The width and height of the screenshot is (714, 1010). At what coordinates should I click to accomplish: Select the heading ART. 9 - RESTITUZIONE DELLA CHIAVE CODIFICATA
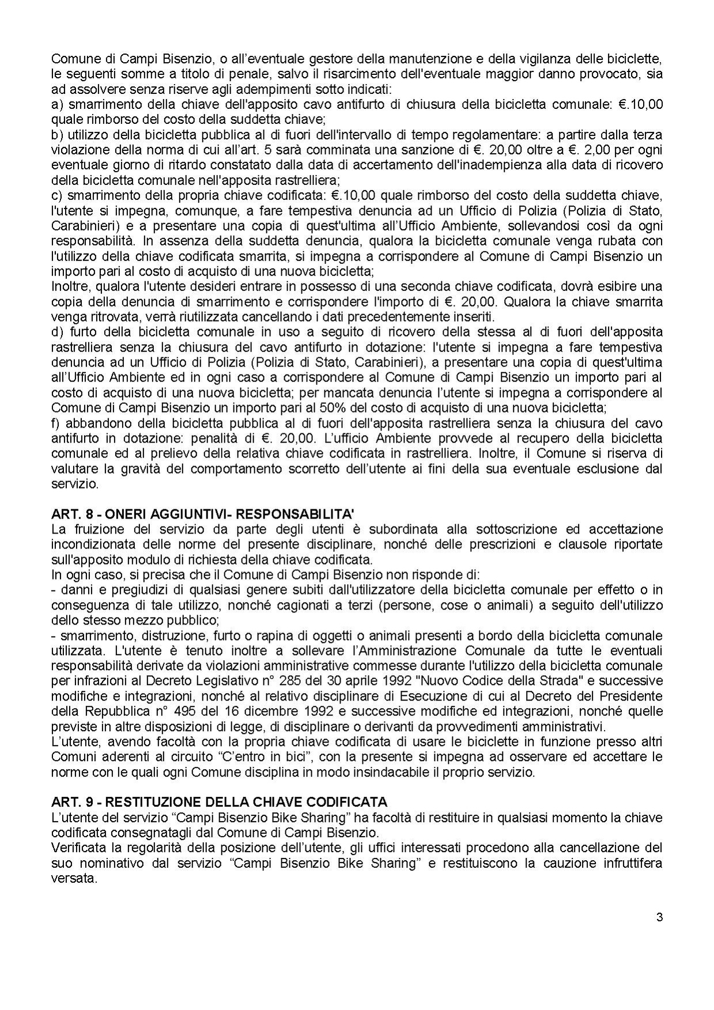pyautogui.click(x=219, y=801)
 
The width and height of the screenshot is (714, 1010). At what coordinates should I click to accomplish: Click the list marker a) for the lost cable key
pyautogui.click(x=56, y=104)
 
